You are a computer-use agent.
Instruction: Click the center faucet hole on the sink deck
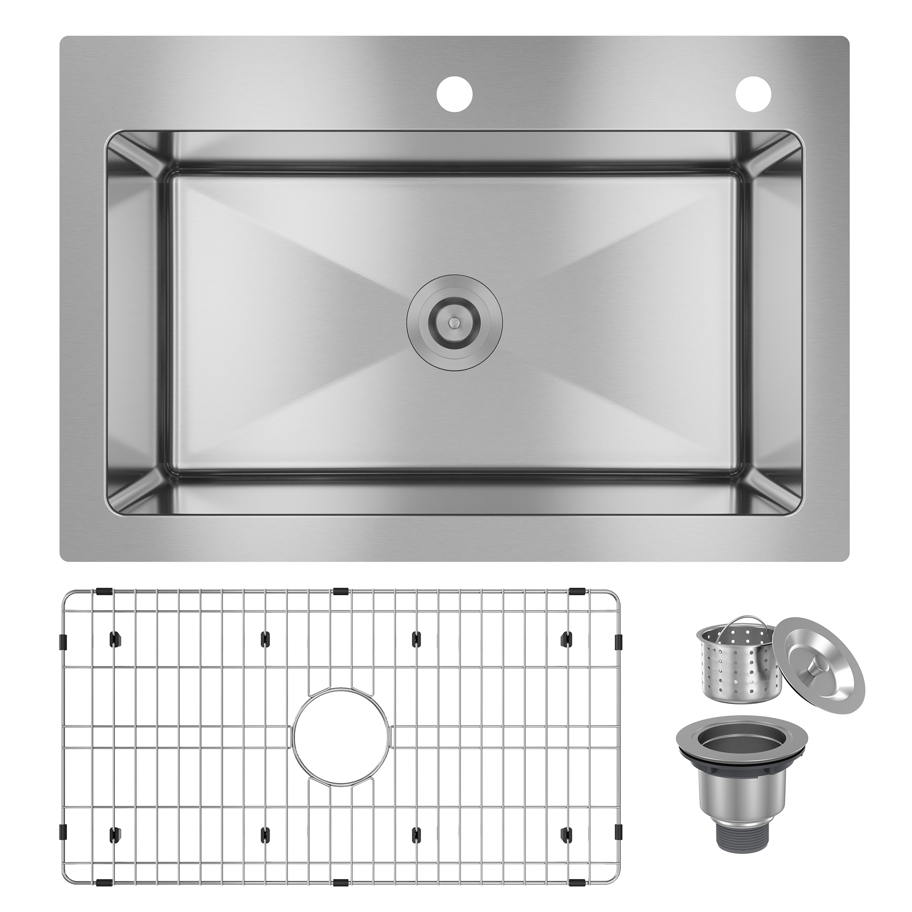455,94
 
